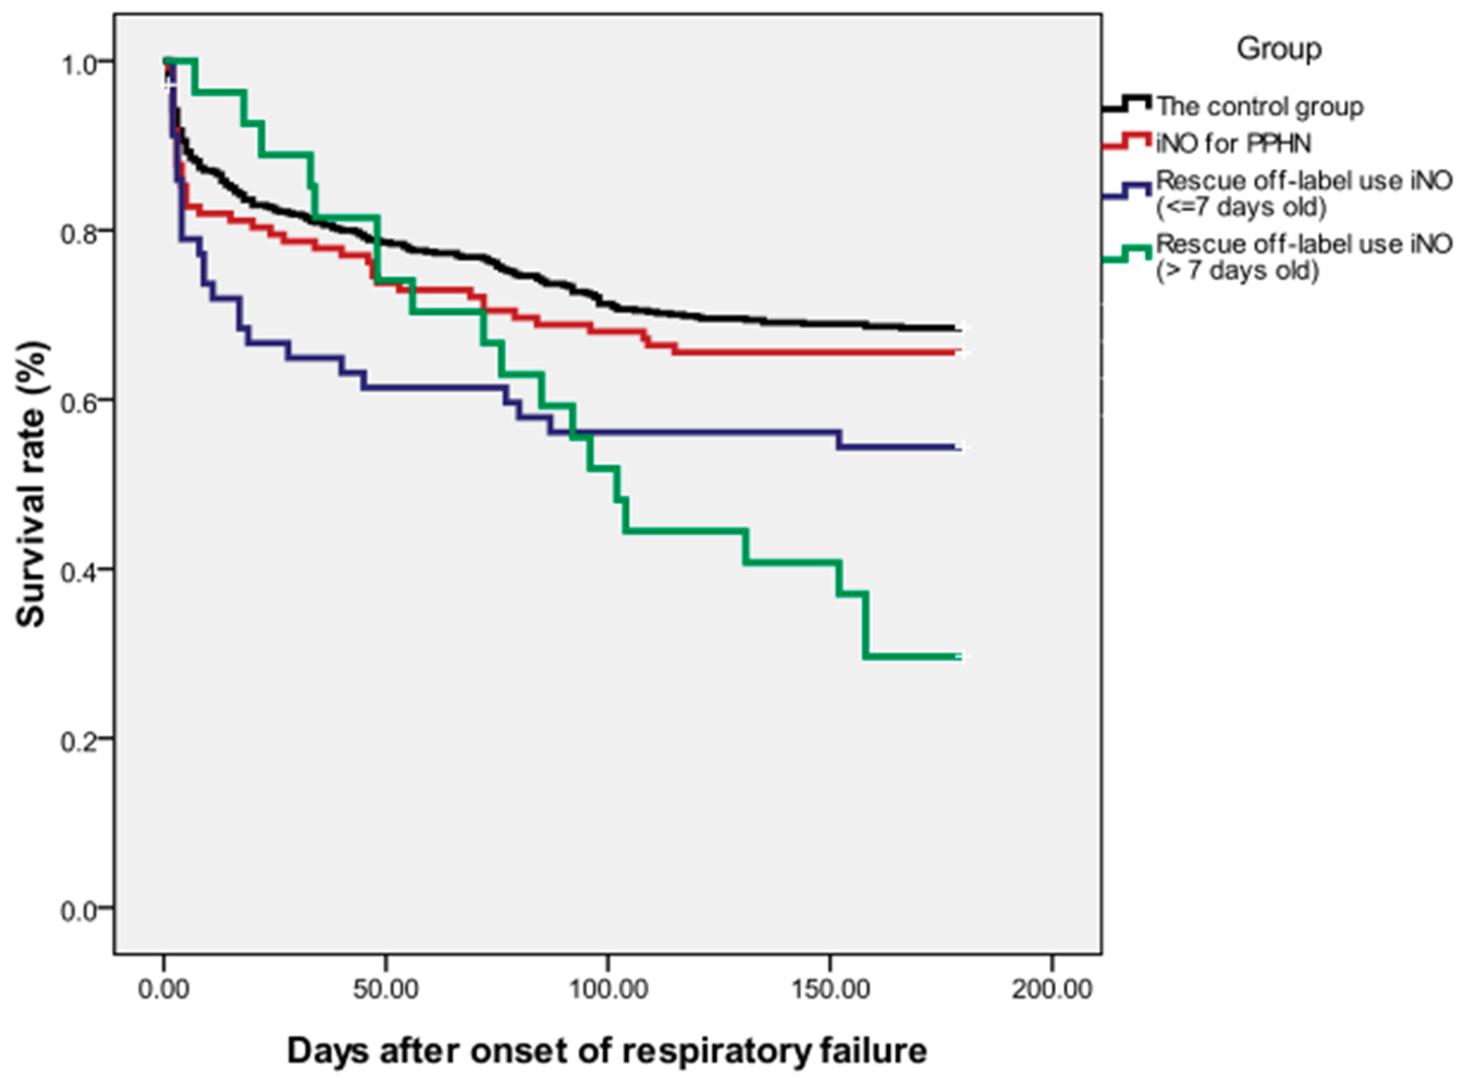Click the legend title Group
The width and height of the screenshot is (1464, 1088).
coord(1278,50)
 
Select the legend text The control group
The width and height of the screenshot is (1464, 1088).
coord(1259,107)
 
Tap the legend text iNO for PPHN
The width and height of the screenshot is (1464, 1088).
coord(1233,144)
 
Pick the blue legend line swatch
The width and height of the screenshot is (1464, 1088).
coord(1127,191)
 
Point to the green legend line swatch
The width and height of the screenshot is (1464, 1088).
coord(1127,254)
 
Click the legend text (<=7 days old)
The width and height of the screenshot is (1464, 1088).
coord(1241,207)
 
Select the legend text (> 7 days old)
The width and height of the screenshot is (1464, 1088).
coord(1238,271)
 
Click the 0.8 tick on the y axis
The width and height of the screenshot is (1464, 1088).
coord(78,232)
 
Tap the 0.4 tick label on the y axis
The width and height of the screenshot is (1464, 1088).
coord(78,571)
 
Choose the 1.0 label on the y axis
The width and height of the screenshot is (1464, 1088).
coord(78,64)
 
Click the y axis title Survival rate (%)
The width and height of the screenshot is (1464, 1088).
coord(31,484)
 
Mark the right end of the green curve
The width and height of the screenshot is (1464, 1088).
coord(960,656)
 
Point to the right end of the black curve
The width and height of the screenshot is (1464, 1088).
coord(960,329)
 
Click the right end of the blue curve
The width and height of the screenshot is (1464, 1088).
coord(960,448)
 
